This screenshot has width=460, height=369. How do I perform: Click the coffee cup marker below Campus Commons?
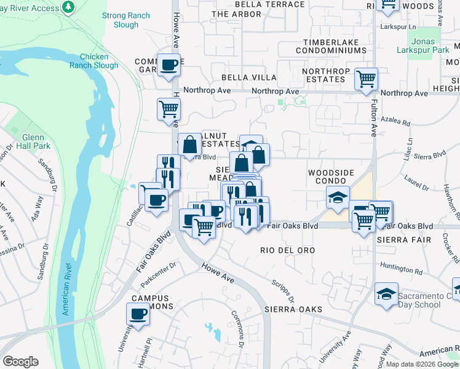(138, 314)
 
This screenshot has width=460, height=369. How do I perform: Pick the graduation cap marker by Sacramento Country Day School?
(386, 293)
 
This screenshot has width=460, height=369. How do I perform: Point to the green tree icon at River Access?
(68, 7)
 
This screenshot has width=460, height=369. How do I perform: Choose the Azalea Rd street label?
(395, 123)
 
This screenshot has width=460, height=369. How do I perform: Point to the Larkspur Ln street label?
(399, 27)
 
